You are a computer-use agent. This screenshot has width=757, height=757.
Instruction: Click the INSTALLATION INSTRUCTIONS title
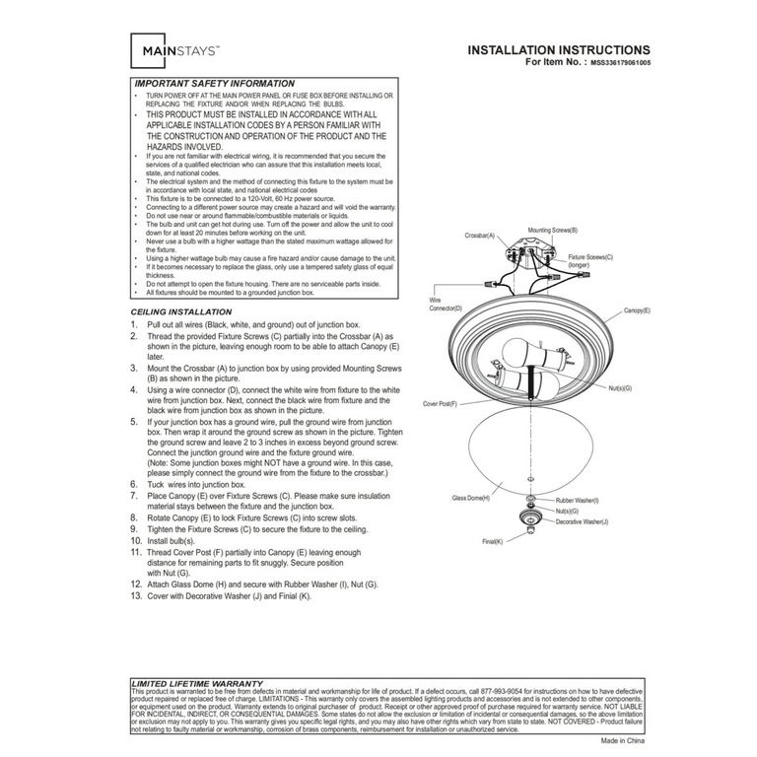pyautogui.click(x=558, y=49)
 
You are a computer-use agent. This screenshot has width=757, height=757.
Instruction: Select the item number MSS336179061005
pyautogui.click(x=621, y=61)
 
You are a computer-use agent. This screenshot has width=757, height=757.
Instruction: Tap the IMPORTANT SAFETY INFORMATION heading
pyautogui.click(x=214, y=84)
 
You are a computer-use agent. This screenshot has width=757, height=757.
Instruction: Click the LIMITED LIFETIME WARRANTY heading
pyautogui.click(x=197, y=682)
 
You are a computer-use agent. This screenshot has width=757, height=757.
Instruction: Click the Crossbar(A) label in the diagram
pyautogui.click(x=480, y=237)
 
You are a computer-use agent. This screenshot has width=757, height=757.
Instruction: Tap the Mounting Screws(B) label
pyautogui.click(x=553, y=230)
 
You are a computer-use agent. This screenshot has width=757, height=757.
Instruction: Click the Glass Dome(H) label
pyautogui.click(x=470, y=498)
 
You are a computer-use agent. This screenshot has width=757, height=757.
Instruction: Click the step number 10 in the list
pyautogui.click(x=136, y=541)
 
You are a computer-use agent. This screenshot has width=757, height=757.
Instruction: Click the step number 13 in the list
pyautogui.click(x=136, y=596)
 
